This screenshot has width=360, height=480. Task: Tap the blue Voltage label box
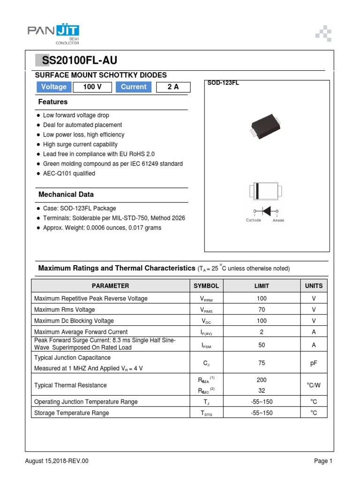click(54, 87)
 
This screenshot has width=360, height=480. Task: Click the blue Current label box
click(134, 87)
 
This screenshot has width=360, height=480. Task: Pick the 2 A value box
click(173, 87)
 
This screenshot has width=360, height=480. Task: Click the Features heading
click(53, 102)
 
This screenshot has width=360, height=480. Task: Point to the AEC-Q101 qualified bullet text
click(69, 173)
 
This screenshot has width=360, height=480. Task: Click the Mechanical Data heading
click(66, 194)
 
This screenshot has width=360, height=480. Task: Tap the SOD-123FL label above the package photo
click(223, 83)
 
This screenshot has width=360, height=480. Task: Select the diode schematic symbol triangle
click(266, 212)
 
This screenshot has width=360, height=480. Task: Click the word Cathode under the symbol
click(254, 220)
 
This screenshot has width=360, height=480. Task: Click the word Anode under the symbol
click(278, 220)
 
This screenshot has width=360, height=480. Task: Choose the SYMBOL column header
click(206, 285)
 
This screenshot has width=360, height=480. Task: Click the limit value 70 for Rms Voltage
click(262, 309)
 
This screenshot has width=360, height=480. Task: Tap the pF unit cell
click(314, 362)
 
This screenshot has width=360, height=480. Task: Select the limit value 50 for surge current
click(262, 345)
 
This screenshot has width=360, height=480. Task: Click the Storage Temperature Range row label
click(72, 413)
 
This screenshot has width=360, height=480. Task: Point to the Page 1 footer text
click(323, 461)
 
